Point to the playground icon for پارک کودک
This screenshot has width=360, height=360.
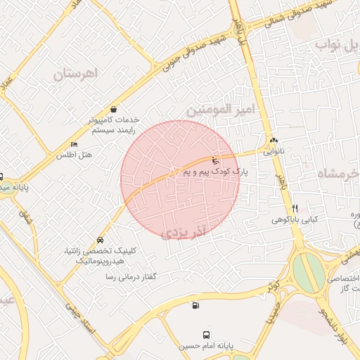point(215,161)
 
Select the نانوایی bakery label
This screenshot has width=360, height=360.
point(274,150)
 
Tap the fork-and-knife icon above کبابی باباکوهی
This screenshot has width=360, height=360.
point(295,208)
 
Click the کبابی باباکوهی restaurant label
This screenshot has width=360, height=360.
point(295,219)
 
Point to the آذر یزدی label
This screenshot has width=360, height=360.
point(186,232)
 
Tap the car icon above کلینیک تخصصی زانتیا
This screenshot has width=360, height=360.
point(101,240)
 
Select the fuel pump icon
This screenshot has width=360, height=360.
point(195,304)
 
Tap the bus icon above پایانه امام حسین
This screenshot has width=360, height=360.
point(206,335)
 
